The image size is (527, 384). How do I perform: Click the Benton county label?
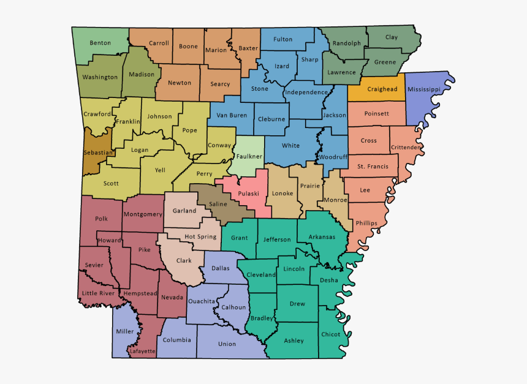pyautogui.click(x=100, y=43)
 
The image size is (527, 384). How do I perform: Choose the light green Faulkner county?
pyautogui.click(x=249, y=156)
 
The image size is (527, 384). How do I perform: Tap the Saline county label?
pyautogui.click(x=218, y=204)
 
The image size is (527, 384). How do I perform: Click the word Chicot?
pyautogui.click(x=330, y=334)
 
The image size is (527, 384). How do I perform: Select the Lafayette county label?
pyautogui.click(x=142, y=351)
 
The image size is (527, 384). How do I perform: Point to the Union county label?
pyautogui.click(x=227, y=344)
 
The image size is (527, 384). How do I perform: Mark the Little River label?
pyautogui.click(x=98, y=293)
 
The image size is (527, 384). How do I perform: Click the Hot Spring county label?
pyautogui.click(x=200, y=236)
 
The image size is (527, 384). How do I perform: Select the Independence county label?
pyautogui.click(x=306, y=92)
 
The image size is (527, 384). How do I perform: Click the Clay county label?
pyautogui.click(x=392, y=37)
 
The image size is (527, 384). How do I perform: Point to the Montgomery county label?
pyautogui.click(x=143, y=214)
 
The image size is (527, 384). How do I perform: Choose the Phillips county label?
pyautogui.click(x=366, y=223)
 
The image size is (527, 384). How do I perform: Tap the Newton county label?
pyautogui.click(x=180, y=83)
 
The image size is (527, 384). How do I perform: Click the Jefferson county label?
pyautogui.click(x=277, y=239)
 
